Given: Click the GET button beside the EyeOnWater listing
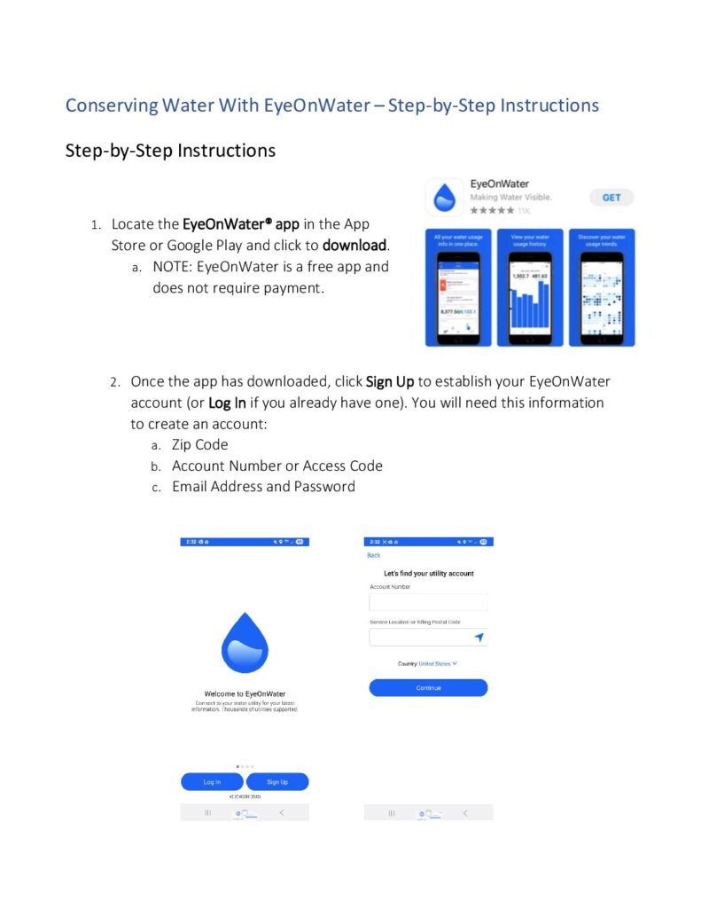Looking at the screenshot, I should tap(611, 197).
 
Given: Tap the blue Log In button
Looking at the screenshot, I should tap(212, 781).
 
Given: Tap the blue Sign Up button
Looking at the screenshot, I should tap(277, 781).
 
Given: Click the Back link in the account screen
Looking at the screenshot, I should tap(373, 555).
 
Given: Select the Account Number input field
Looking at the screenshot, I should tap(428, 602).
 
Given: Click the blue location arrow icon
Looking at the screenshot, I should tap(479, 638).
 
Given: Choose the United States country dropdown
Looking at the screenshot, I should tap(438, 663).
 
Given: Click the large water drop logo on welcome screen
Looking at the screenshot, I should tap(244, 643).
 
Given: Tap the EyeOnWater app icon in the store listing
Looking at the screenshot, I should tap(447, 197).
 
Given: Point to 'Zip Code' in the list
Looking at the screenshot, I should tap(199, 444).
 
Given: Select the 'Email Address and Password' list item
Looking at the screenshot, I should tap(263, 486).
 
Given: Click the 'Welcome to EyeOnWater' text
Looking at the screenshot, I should tap(245, 693).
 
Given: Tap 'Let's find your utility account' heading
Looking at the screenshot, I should tap(428, 574).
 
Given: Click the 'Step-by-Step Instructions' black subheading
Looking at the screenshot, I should tap(170, 150).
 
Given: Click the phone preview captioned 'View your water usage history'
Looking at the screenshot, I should tap(530, 287).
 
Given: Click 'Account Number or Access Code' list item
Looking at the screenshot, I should tap(277, 466).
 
